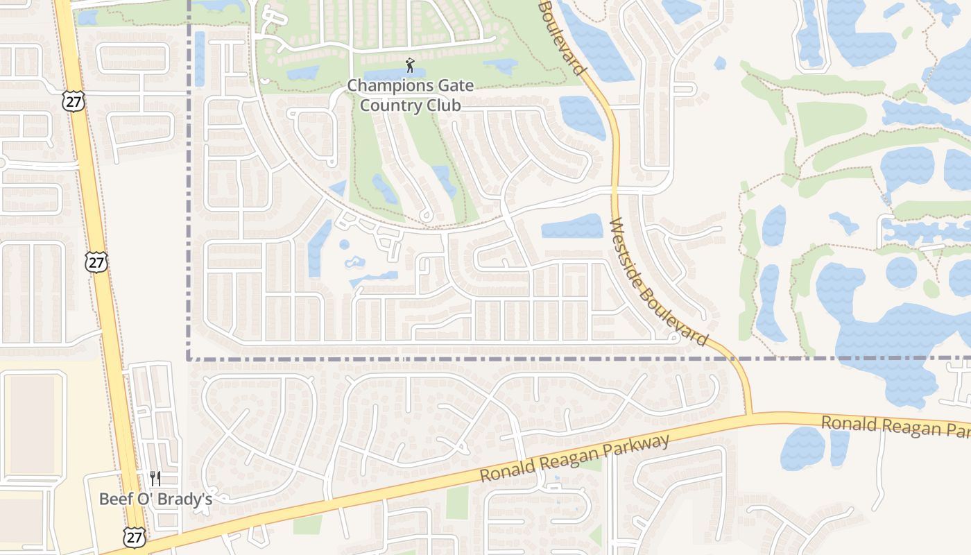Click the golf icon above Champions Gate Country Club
[x=410, y=66]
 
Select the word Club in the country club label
[x=444, y=105]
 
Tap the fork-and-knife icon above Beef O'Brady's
[x=155, y=479]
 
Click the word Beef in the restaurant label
[x=114, y=499]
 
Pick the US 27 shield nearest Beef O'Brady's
[x=133, y=536]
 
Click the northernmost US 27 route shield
[x=71, y=101]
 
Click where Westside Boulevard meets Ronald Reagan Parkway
[x=749, y=416]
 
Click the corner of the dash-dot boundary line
[x=189, y=359]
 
